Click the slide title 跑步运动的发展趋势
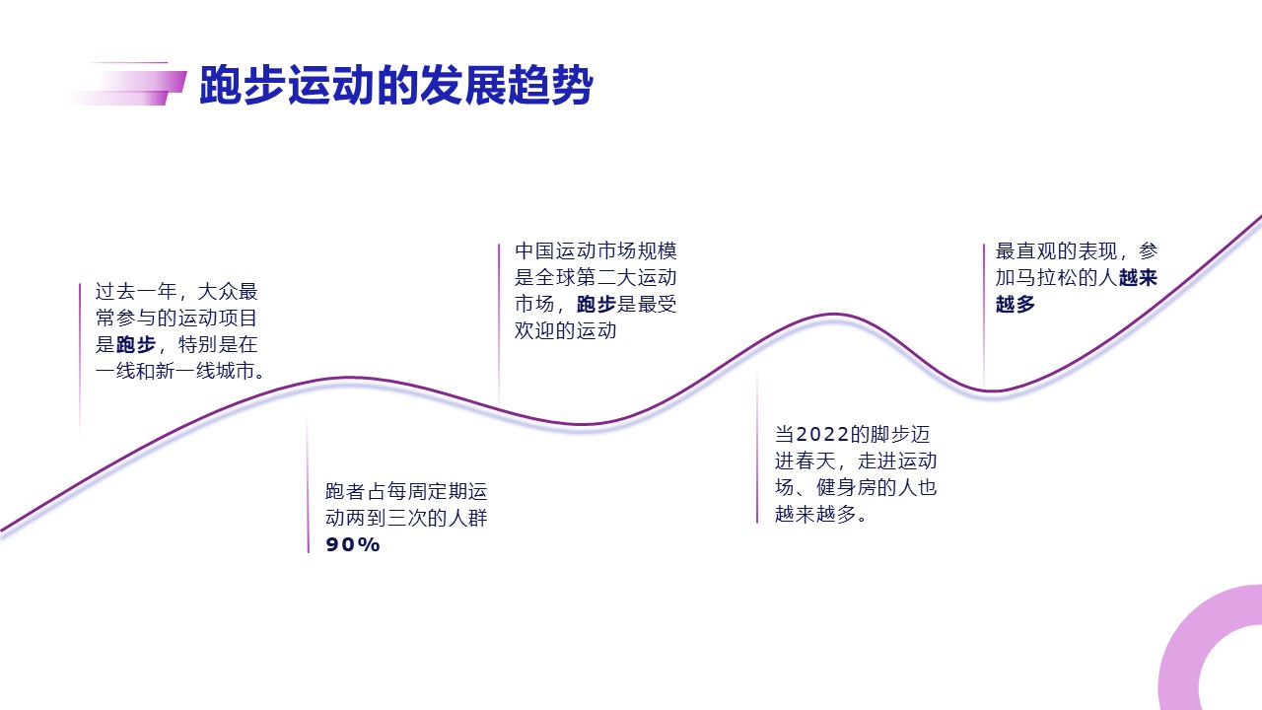pos(396,85)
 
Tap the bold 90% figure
pos(353,544)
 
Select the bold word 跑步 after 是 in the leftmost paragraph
pos(136,344)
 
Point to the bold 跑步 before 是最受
pos(596,305)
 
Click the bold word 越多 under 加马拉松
pos(1016,305)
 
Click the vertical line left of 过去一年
pos(80,358)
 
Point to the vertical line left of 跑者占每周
pos(309,484)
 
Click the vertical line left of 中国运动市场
pos(499,324)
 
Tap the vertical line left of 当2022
pos(757,448)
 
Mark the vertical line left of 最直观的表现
pos(984,316)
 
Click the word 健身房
pos(846,487)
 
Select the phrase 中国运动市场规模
pos(596,251)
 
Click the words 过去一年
pos(136,292)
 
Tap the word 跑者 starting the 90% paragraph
pos(345,492)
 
